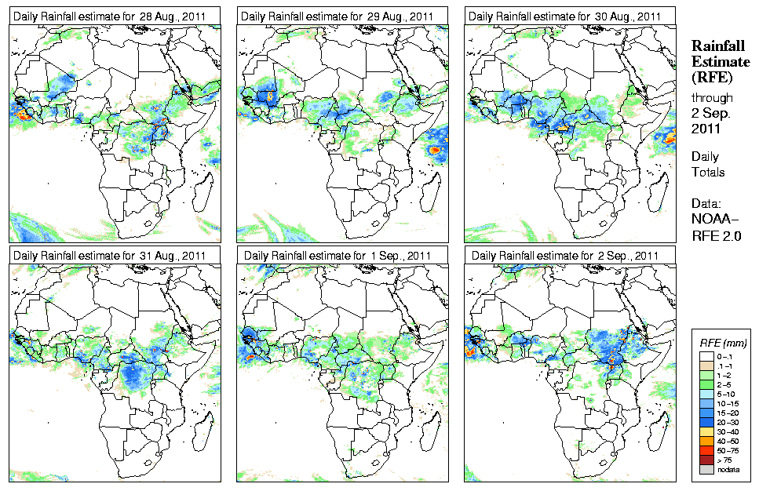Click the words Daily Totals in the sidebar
pyautogui.click(x=708, y=165)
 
